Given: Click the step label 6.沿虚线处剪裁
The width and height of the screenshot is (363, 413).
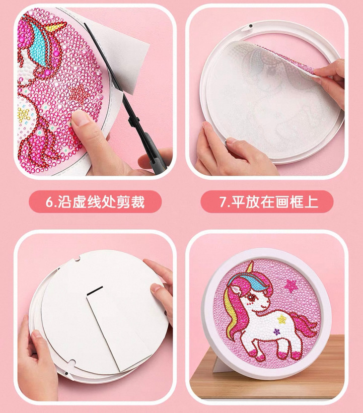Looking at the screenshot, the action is pyautogui.click(x=95, y=202).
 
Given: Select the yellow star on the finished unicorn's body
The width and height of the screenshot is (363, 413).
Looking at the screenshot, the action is pyautogui.click(x=281, y=319).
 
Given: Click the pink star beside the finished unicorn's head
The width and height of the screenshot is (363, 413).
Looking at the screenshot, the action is pyautogui.click(x=291, y=286).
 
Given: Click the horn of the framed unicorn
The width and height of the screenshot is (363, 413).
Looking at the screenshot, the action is pyautogui.click(x=250, y=268).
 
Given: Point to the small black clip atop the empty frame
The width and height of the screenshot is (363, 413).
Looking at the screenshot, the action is pyautogui.click(x=251, y=27).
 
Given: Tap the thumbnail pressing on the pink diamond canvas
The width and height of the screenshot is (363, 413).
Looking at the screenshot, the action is pyautogui.click(x=80, y=117).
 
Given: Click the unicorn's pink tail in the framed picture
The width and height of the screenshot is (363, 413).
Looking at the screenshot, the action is pyautogui.click(x=305, y=324).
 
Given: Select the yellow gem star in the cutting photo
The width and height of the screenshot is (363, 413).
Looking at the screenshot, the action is pyautogui.click(x=24, y=114).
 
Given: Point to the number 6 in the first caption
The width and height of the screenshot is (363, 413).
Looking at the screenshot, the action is pyautogui.click(x=49, y=202).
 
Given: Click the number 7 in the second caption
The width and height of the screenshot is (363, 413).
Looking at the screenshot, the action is pyautogui.click(x=223, y=202).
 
